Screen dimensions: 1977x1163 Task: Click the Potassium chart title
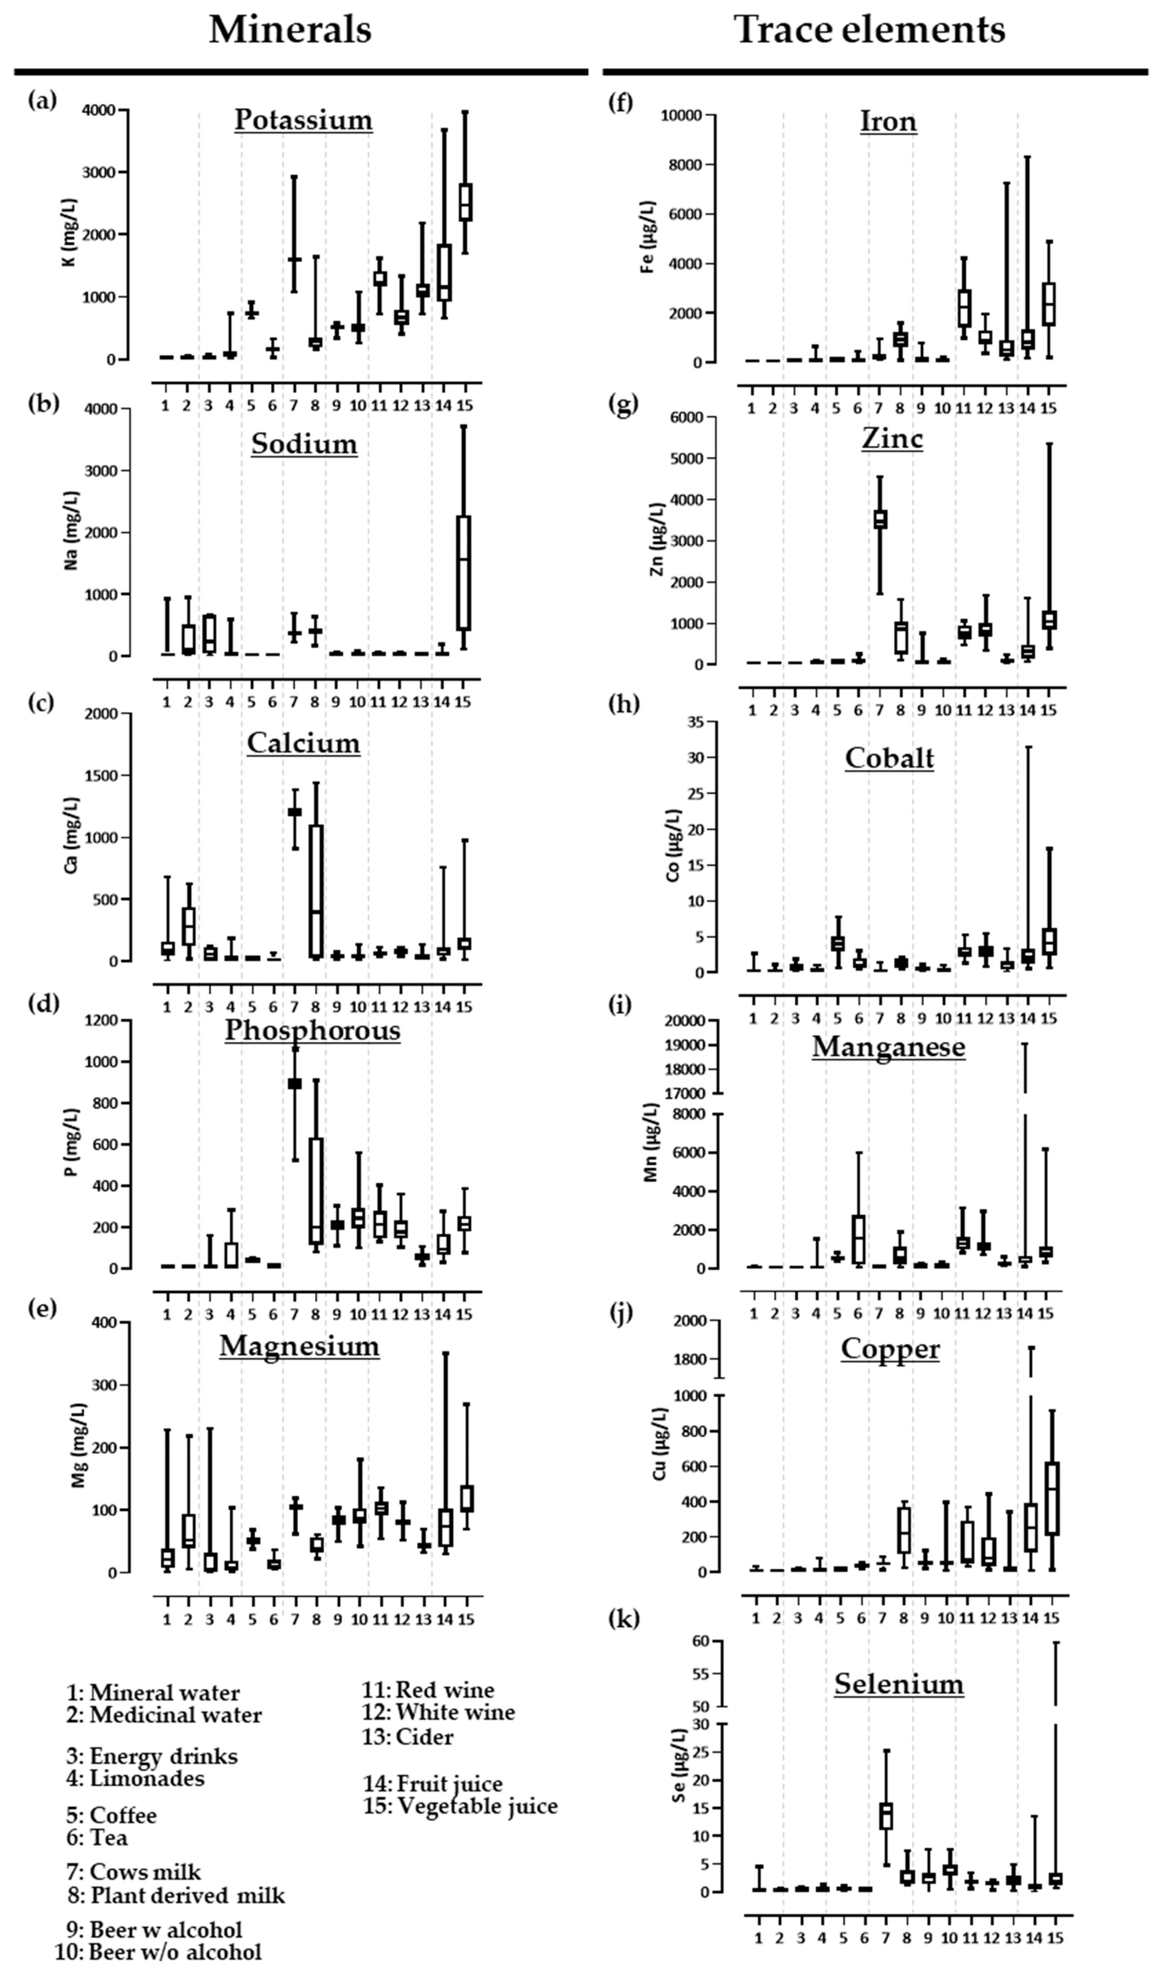click(x=304, y=120)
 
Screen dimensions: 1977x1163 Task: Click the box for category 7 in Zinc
click(x=880, y=519)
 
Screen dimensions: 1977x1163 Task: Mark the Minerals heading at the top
click(x=290, y=30)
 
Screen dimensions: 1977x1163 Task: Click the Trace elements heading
click(x=870, y=30)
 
